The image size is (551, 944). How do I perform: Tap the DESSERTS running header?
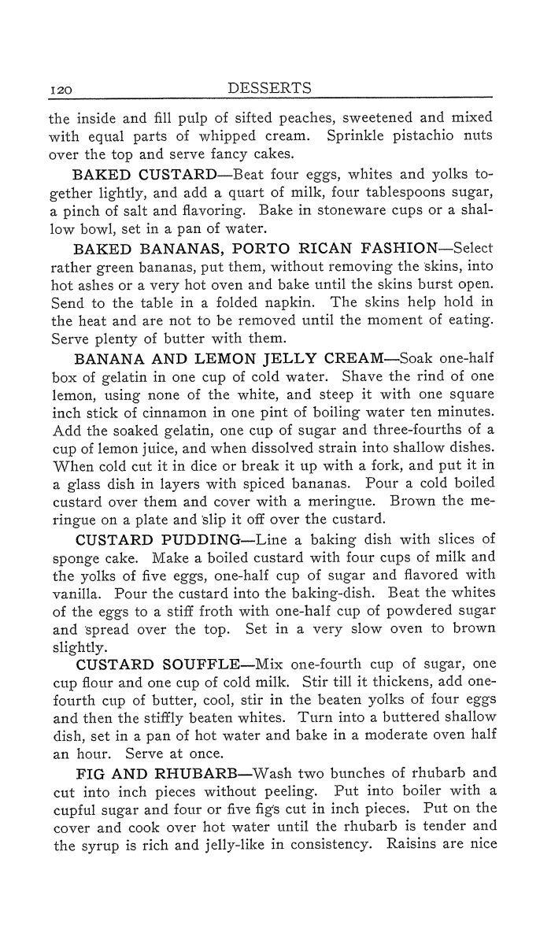click(270, 87)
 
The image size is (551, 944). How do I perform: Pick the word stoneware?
click(330, 212)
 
